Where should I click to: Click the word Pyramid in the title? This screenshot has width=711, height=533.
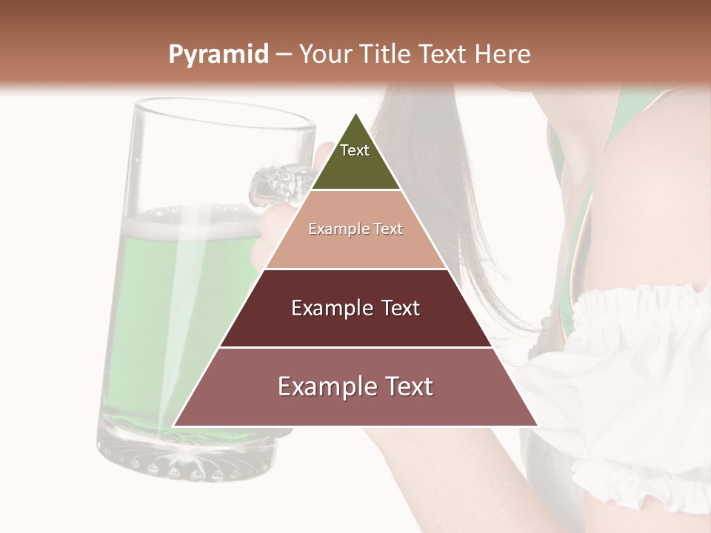click(x=218, y=55)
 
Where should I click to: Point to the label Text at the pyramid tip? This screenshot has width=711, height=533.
click(x=355, y=150)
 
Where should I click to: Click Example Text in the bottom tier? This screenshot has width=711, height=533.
click(x=355, y=386)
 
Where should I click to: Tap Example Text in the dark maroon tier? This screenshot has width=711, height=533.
click(x=355, y=308)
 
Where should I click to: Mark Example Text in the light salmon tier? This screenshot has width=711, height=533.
click(x=355, y=229)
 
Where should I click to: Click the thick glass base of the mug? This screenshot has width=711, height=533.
click(x=185, y=455)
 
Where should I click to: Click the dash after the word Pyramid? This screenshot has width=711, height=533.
click(x=283, y=55)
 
